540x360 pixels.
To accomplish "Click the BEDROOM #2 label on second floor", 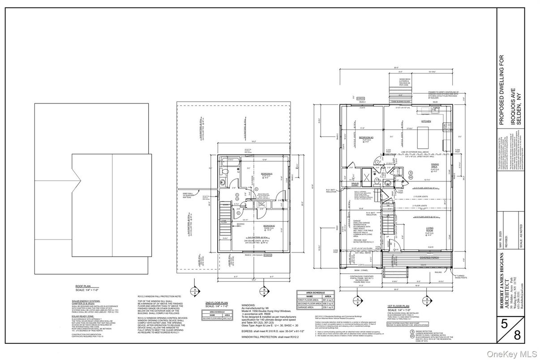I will pos(269,226).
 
